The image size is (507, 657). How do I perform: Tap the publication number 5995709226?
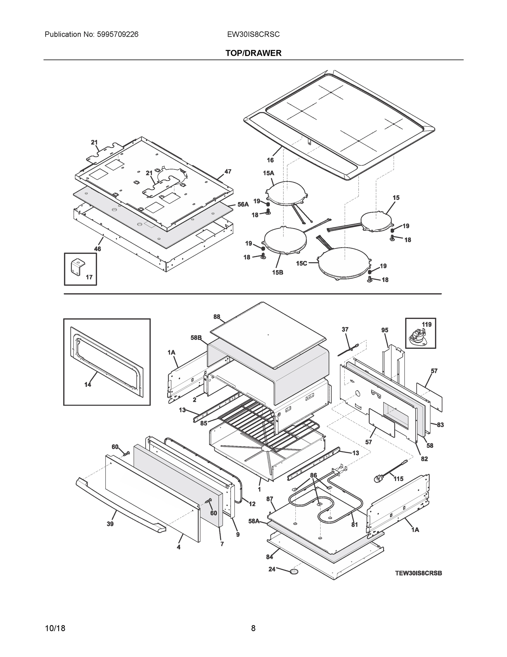point(118,34)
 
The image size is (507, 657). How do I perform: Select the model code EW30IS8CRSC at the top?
point(253,34)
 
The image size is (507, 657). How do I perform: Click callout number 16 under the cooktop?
point(270,160)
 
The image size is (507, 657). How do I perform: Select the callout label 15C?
point(301,264)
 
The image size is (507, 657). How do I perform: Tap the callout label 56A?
point(243,204)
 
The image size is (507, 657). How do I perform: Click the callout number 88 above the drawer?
point(216,317)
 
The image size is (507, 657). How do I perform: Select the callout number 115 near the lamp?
point(398,479)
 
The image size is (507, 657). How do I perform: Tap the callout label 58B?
point(196,338)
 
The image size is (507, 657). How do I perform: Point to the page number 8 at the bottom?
point(253,628)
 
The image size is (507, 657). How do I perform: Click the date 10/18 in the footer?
point(55,629)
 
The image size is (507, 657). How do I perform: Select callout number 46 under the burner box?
point(97,249)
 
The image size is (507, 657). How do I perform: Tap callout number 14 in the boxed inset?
point(87,384)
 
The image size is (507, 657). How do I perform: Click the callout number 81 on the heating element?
point(354,525)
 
